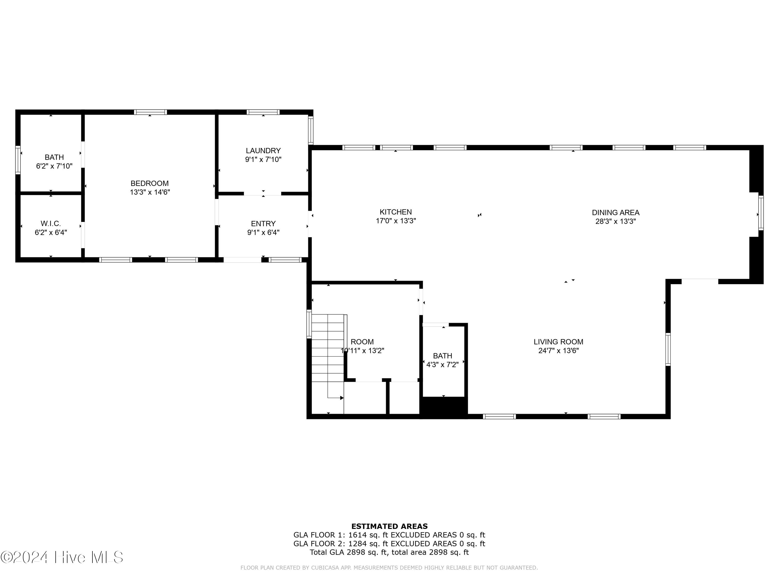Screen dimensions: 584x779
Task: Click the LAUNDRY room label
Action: coord(263,151)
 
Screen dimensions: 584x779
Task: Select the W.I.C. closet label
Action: coord(51,223)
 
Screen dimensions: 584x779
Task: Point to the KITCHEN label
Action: coord(395,212)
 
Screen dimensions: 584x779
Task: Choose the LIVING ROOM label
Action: coord(558,342)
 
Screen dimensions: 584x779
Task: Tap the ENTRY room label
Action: coord(263,223)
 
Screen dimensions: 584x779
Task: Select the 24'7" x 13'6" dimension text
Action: coord(558,351)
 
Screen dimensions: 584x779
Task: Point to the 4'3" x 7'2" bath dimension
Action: coord(442,365)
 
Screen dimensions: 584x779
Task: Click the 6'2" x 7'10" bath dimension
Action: coord(54,166)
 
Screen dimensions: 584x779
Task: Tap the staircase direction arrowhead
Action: coord(342,398)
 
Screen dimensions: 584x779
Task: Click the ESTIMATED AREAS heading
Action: coord(389,526)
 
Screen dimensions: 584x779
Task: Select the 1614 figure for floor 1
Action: coord(358,535)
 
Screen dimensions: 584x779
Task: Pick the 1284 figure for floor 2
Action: coord(358,544)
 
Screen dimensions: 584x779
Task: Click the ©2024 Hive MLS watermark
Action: coord(62,557)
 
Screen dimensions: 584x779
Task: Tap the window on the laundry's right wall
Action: coord(311,130)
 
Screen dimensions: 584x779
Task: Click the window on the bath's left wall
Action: coord(18,160)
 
